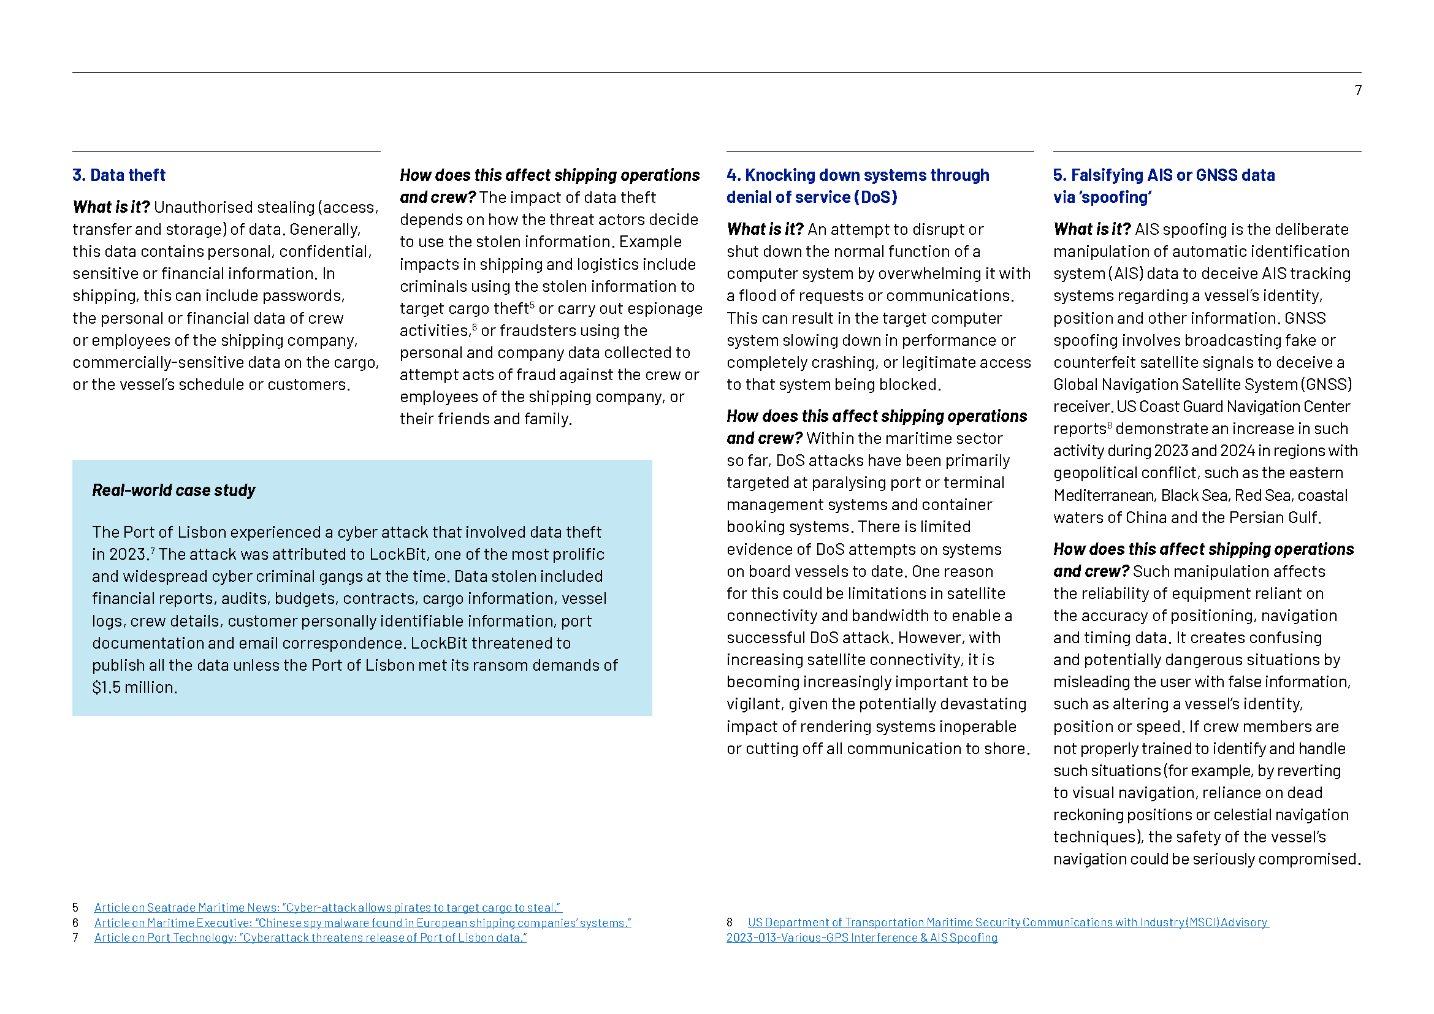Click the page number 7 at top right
click(x=1358, y=91)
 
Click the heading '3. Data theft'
click(x=119, y=175)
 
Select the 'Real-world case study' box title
click(x=174, y=491)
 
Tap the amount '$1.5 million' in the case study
click(x=134, y=687)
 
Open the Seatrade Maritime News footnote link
click(x=327, y=908)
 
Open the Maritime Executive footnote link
click(x=362, y=923)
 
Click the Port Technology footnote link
click(x=310, y=938)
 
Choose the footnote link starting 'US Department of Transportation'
click(x=1007, y=923)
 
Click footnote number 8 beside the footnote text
click(x=730, y=923)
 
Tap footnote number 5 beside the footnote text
click(x=75, y=908)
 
